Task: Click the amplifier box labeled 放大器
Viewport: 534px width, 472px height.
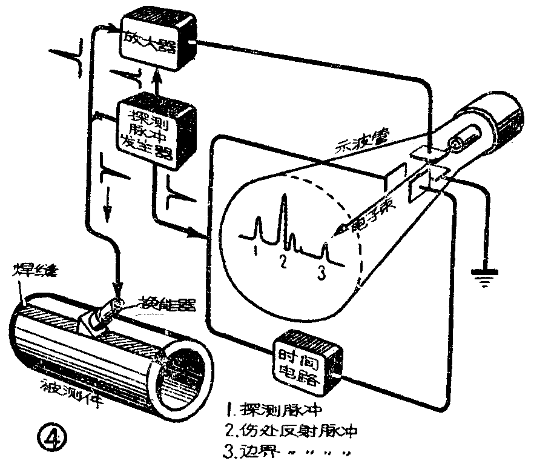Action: (x=157, y=38)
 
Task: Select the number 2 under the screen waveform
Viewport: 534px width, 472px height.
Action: (x=282, y=261)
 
